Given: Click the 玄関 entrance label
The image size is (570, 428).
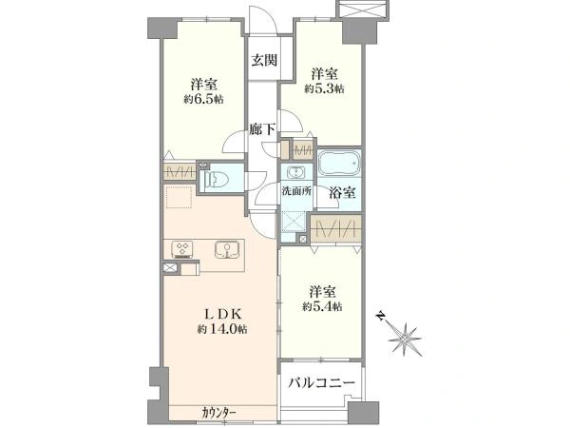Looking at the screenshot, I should (x=264, y=61).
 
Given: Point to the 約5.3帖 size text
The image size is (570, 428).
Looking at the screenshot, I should (x=324, y=88).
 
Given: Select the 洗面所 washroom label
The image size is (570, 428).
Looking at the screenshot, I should (x=295, y=190).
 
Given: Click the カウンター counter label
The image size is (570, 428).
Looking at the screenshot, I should (x=218, y=412).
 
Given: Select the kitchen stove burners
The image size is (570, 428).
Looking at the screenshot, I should (x=183, y=251).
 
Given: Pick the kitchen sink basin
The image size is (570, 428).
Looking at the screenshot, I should (x=228, y=251).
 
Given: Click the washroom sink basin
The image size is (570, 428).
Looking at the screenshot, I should (x=295, y=173).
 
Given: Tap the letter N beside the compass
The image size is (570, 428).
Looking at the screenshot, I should (x=380, y=315).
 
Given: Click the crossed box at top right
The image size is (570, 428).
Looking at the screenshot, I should (x=366, y=9).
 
